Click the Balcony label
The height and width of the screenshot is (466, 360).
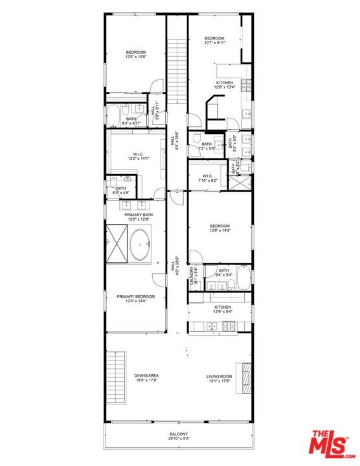[179, 436]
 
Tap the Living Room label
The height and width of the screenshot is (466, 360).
[219, 379]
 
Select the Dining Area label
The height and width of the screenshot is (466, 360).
[147, 378]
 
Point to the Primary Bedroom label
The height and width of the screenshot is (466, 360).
[136, 299]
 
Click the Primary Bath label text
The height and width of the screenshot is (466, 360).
[138, 217]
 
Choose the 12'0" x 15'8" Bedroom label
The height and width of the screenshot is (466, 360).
[136, 54]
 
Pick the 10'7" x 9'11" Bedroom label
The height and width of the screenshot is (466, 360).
[214, 41]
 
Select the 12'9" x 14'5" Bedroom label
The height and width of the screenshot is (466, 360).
[220, 228]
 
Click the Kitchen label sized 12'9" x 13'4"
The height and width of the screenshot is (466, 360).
[225, 85]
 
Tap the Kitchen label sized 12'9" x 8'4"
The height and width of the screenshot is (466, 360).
[223, 309]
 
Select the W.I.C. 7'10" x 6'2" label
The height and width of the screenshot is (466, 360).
[207, 178]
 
